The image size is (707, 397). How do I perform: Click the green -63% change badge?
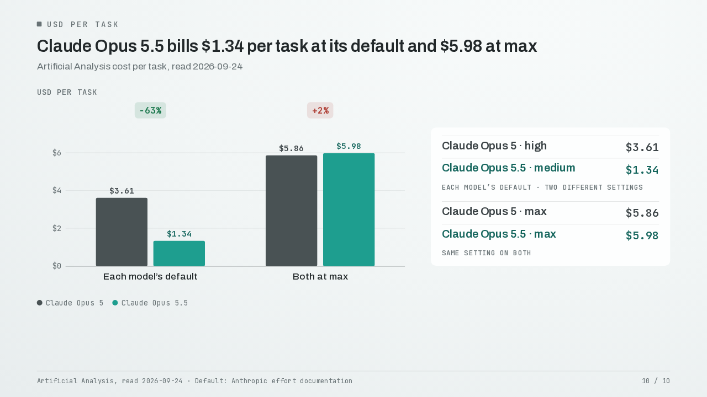150,110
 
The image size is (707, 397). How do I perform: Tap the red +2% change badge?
320,110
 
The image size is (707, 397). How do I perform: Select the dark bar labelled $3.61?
122,232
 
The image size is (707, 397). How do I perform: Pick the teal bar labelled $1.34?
179,253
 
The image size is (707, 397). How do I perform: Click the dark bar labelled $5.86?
291,211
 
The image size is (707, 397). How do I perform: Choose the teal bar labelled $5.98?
349,210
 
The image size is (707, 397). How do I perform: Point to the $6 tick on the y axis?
57,153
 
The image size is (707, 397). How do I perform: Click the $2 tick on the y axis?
57,228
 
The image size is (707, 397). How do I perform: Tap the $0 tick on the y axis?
57,266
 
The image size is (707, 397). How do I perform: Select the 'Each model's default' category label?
150,277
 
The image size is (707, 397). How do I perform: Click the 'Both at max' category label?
320,277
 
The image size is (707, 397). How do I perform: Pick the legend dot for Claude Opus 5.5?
115,303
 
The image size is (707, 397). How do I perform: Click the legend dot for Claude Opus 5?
39,303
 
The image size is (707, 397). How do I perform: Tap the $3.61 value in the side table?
642,147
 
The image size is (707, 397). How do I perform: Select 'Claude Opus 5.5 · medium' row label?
509,168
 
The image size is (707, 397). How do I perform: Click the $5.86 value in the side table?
642,213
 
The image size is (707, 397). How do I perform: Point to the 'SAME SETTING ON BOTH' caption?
487,253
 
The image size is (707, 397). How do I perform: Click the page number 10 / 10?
656,381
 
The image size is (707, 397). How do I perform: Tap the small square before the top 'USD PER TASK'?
39,24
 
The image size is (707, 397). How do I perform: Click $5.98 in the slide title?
461,46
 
